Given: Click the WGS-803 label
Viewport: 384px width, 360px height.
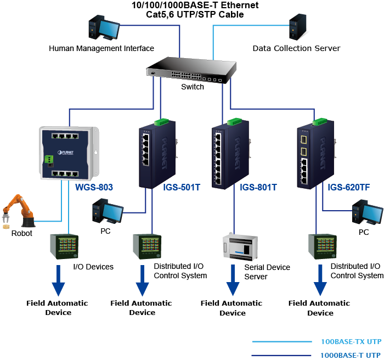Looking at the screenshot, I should tap(94, 188).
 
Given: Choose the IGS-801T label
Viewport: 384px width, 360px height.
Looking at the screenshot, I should tap(258, 188).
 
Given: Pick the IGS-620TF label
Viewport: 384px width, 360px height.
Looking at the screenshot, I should tap(348, 188).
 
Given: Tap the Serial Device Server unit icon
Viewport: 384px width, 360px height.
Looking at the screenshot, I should tap(240, 248).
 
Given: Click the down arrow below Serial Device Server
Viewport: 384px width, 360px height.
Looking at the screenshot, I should tap(233, 283).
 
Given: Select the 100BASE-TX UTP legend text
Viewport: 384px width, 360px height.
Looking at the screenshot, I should tap(351, 341).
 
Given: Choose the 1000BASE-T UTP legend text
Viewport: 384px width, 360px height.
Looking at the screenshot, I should tap(351, 355).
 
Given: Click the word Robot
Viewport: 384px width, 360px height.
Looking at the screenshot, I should tap(22, 233).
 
